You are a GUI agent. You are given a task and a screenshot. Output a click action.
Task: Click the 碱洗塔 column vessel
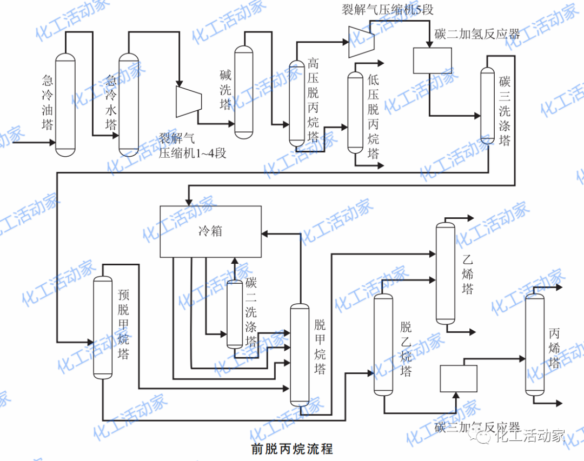pos(243,90)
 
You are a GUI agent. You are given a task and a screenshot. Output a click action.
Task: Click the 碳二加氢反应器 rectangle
pos(432,61)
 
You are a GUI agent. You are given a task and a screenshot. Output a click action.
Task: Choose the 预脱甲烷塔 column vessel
pos(102,327)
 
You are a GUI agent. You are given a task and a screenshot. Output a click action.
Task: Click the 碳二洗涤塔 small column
pos(234,314)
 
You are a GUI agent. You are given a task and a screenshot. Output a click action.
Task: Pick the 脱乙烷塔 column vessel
pos(383,344)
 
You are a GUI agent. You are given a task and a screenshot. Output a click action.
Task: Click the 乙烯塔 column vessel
pos(445,272)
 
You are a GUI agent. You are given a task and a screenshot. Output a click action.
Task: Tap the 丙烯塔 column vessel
pos(534,344)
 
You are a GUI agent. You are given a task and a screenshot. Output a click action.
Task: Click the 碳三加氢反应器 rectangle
pos(459,378)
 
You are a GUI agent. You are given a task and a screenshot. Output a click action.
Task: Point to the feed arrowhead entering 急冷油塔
pos(52,143)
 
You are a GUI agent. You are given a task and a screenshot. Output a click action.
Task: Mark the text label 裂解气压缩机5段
pos(387,9)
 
